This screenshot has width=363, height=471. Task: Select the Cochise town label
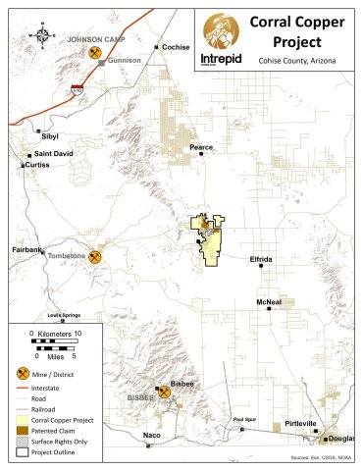(177, 46)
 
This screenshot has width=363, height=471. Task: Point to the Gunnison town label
(125, 60)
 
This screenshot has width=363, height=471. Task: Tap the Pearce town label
(201, 147)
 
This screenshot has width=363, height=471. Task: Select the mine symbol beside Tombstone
(95, 257)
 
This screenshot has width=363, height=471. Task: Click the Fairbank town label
(27, 250)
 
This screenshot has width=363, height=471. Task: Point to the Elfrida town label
(261, 259)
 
